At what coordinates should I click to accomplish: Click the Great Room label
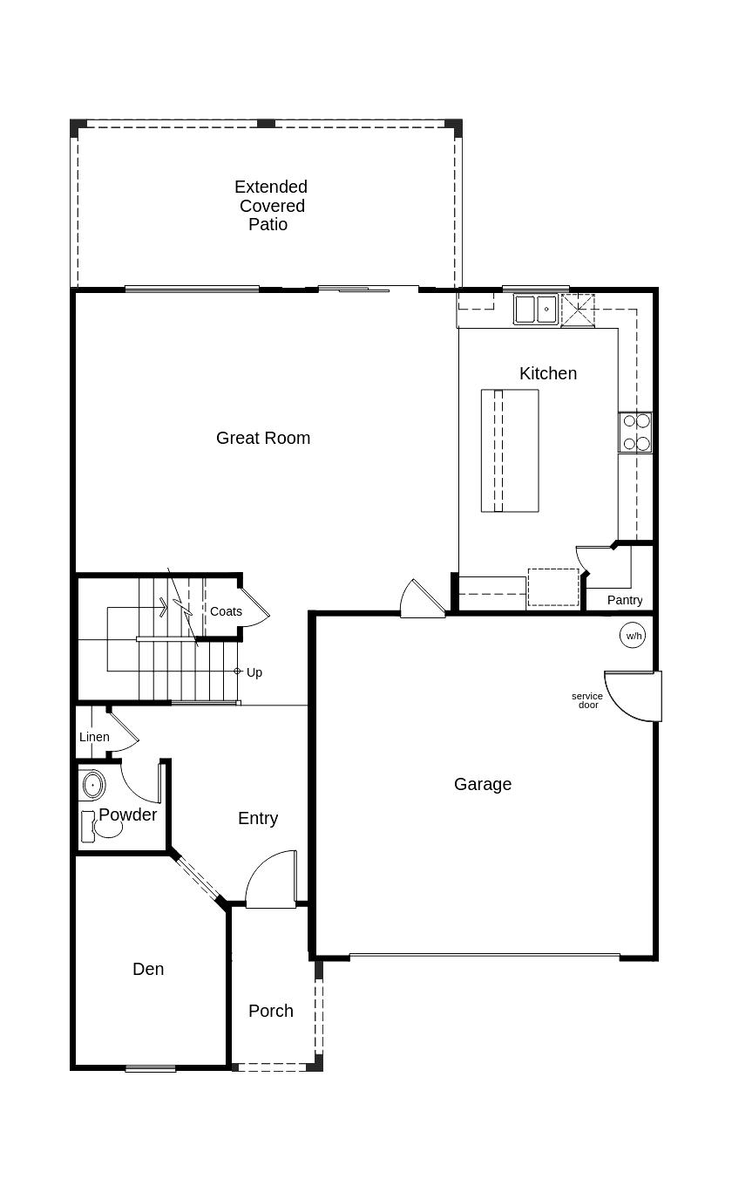click(x=263, y=438)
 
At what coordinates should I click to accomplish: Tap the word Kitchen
click(x=548, y=373)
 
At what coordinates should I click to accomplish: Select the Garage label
click(x=483, y=784)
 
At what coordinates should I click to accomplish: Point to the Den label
click(x=148, y=969)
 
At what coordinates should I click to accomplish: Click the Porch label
click(x=271, y=1011)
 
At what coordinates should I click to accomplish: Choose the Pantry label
click(x=625, y=600)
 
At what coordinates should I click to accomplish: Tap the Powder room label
click(x=128, y=815)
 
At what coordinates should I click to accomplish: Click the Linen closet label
click(x=94, y=737)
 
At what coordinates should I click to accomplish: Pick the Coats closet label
click(x=226, y=611)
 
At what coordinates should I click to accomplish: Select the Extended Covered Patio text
click(x=270, y=206)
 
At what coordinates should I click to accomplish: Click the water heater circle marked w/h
click(x=634, y=635)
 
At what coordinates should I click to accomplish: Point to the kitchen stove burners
click(x=636, y=433)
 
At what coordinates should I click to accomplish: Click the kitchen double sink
click(x=535, y=310)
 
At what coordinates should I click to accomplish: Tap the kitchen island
click(x=510, y=451)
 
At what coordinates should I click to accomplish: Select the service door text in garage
click(x=587, y=700)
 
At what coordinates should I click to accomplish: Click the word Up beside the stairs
click(x=254, y=672)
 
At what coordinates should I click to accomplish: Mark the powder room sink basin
click(x=92, y=785)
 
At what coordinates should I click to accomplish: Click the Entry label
click(x=258, y=818)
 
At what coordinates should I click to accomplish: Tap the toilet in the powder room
click(x=100, y=825)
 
